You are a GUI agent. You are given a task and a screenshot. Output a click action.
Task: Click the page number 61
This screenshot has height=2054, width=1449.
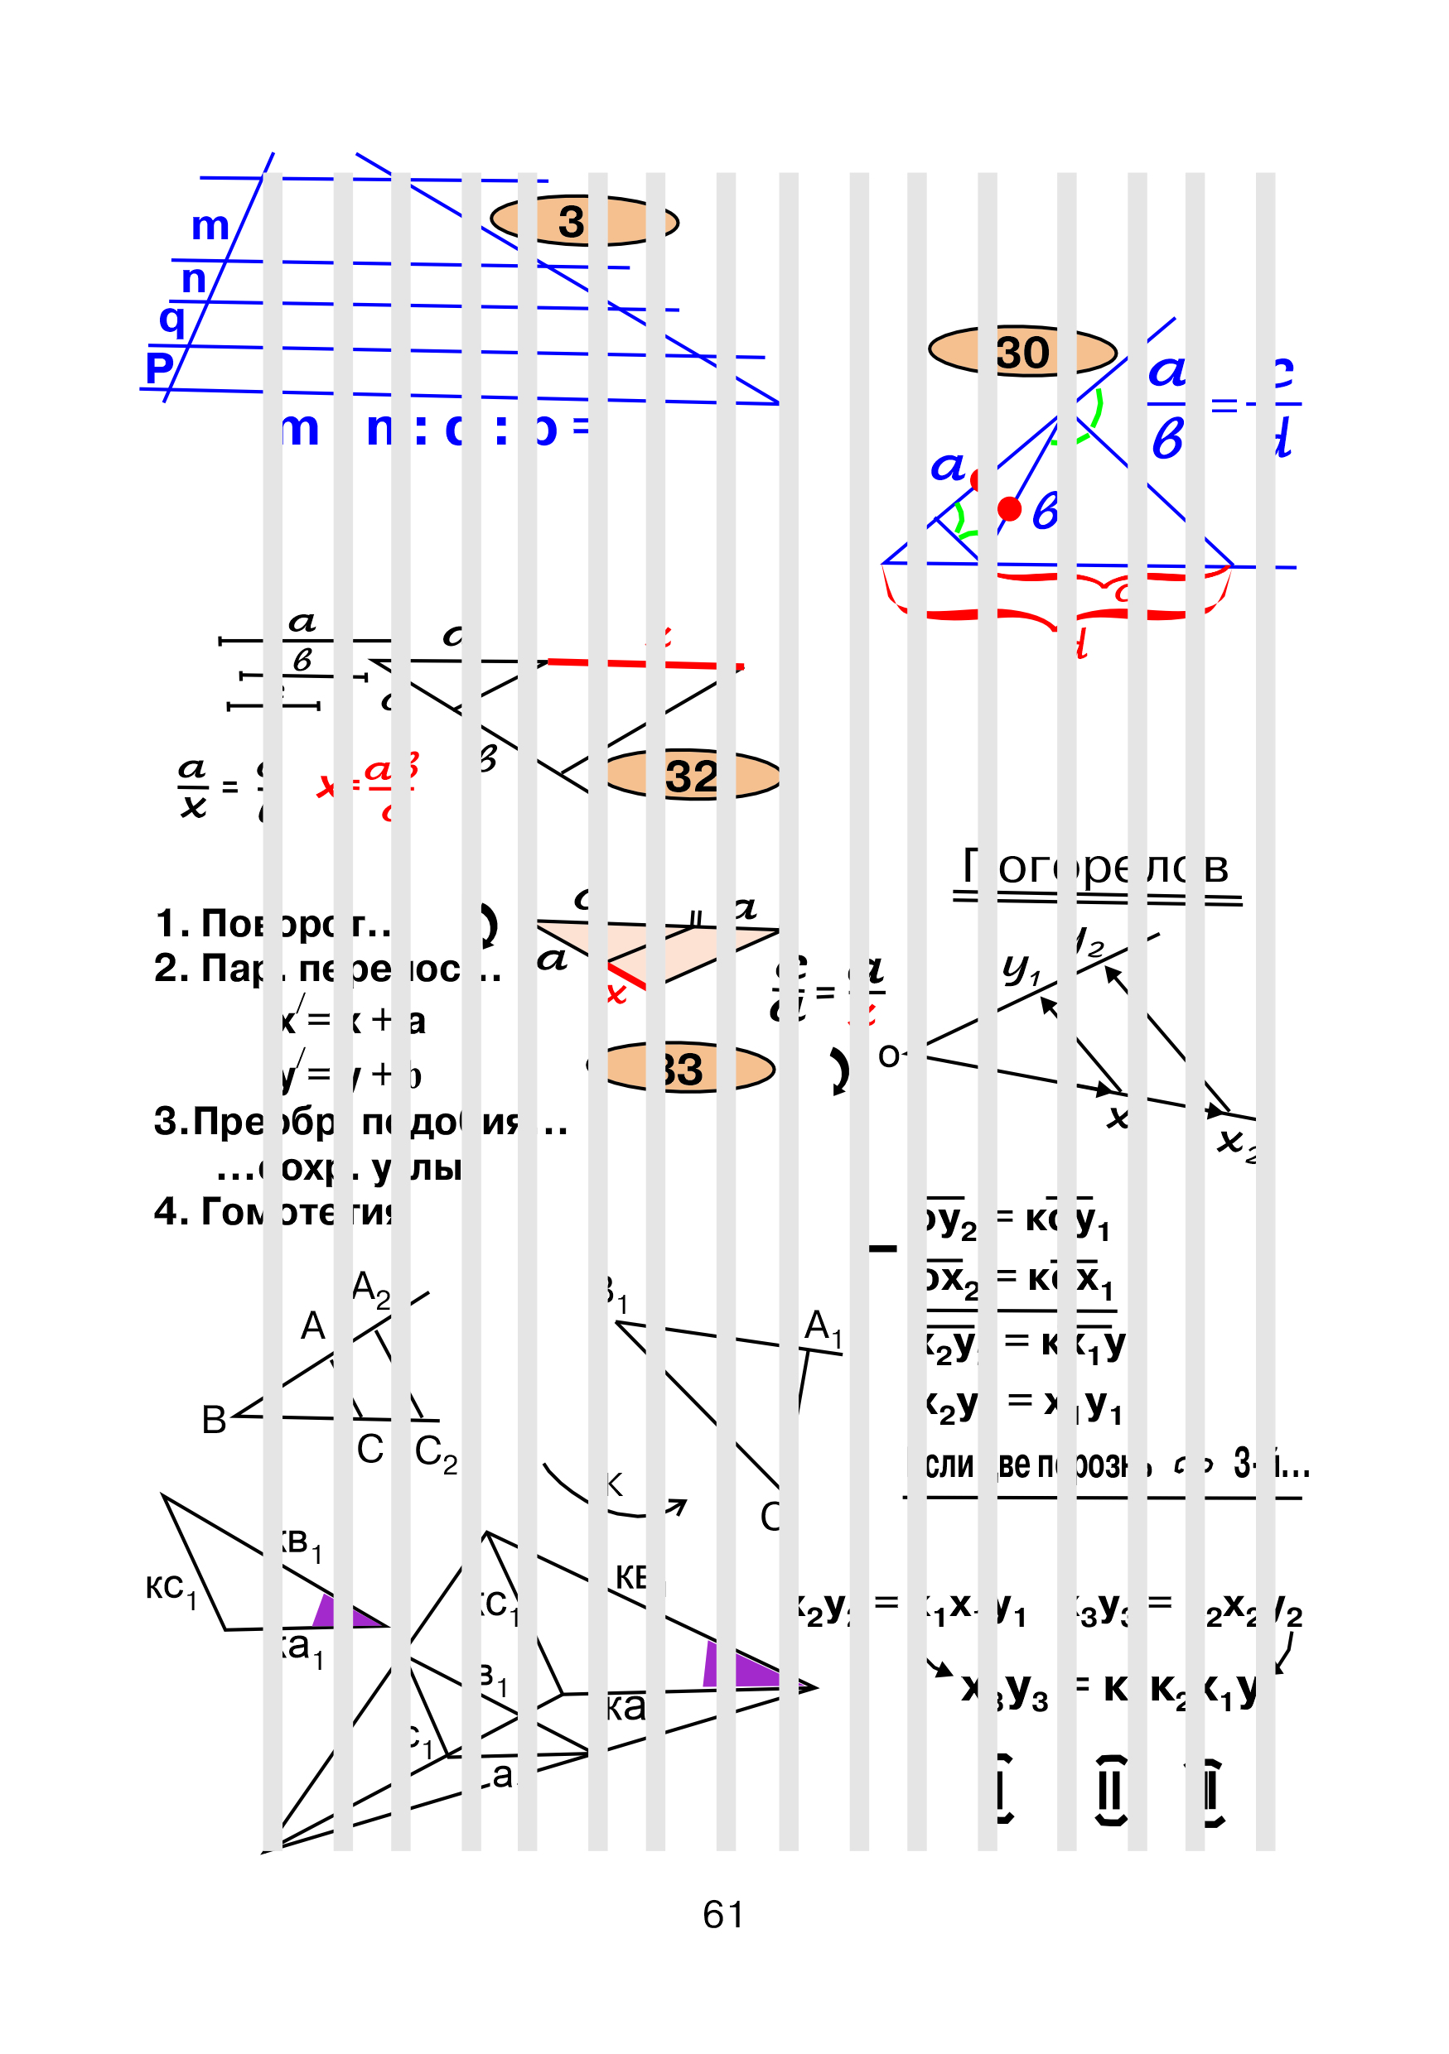722,1914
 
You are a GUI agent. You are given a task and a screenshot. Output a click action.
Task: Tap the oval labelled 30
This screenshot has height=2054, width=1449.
1022,352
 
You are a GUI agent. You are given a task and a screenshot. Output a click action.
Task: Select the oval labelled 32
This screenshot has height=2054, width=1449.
692,775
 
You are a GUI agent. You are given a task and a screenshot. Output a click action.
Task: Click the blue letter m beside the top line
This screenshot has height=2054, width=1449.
210,225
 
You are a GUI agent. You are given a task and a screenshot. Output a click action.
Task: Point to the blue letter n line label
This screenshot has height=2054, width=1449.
193,279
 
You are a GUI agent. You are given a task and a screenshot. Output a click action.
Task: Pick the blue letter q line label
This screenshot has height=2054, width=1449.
171,319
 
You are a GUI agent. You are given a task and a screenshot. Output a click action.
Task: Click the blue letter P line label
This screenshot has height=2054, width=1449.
159,367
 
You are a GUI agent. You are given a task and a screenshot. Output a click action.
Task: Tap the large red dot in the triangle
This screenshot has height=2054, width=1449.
1010,509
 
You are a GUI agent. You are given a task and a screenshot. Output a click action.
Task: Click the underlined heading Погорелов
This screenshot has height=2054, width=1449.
1095,866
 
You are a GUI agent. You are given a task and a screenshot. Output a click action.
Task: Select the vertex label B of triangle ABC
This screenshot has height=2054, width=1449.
214,1420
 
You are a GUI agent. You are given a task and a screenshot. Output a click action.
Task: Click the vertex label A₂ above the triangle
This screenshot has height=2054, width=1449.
370,1289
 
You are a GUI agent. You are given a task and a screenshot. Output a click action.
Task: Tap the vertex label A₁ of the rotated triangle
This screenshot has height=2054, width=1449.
823,1326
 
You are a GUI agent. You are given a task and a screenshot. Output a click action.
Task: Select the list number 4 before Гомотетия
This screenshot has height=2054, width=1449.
167,1211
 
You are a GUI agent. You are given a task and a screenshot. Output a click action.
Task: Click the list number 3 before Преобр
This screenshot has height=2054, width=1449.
167,1121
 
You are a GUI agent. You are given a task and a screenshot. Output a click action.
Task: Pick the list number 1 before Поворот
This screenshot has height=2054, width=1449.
167,923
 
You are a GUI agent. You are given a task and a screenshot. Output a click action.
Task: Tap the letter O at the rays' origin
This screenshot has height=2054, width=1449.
890,1056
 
